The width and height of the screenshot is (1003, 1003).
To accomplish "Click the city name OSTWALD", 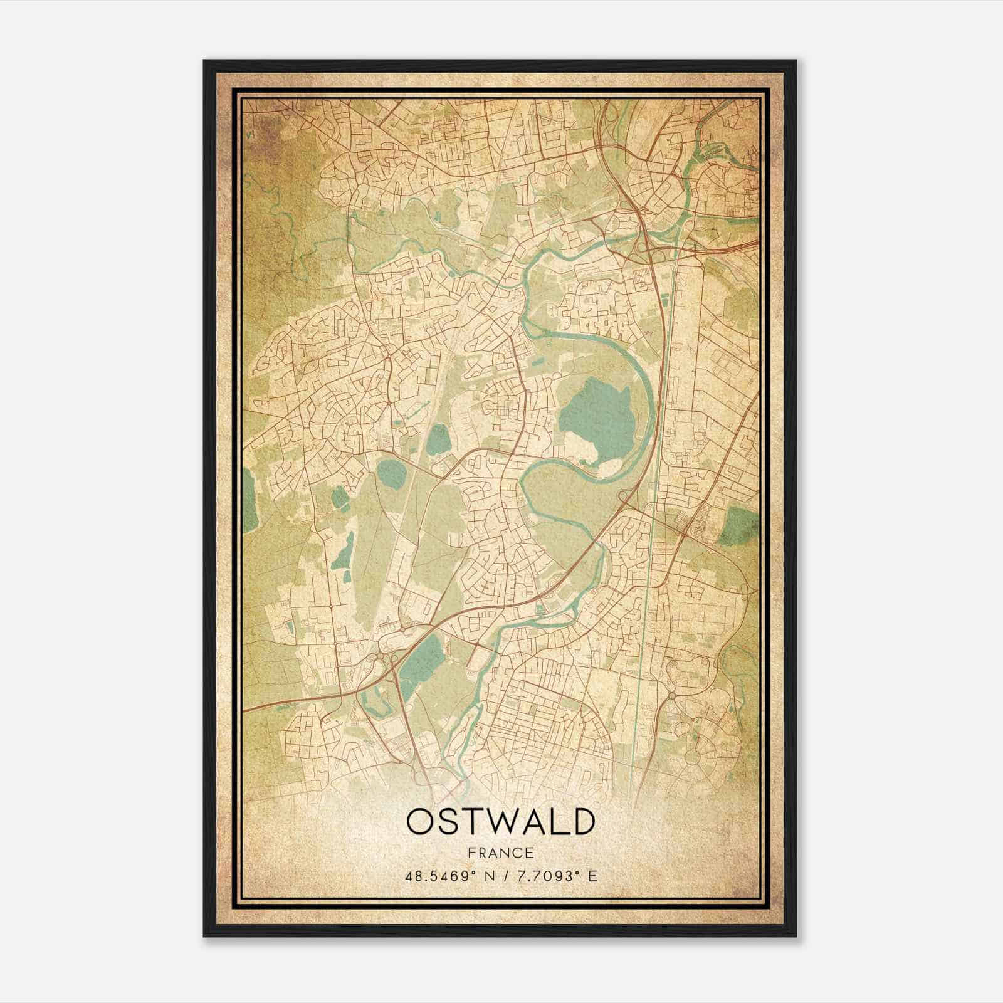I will coord(500,821).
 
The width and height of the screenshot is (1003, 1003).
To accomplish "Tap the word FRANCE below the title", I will coord(500,853).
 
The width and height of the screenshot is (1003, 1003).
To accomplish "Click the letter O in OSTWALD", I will coord(420,821).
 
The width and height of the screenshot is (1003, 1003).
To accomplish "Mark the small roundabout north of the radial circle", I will coord(672,695).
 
